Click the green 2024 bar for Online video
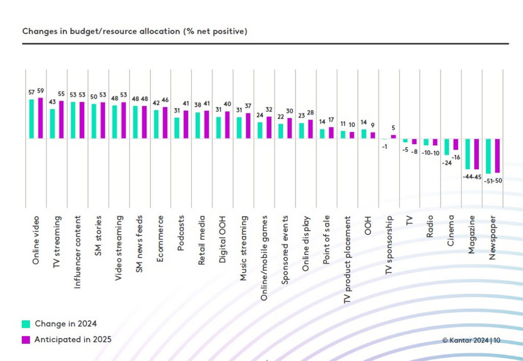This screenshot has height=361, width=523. click(x=32, y=119)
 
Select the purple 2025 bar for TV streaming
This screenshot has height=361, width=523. click(x=61, y=120)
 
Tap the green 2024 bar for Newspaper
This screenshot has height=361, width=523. click(x=488, y=156)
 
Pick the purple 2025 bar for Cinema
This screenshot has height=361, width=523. click(x=455, y=144)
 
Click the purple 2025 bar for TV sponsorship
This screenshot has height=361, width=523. click(x=393, y=137)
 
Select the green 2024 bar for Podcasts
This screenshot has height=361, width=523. click(x=177, y=128)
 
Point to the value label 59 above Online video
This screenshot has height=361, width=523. click(x=40, y=91)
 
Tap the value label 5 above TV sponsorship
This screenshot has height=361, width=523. click(x=393, y=128)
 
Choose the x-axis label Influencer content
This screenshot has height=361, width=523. click(x=77, y=251)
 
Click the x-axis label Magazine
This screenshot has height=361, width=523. click(x=471, y=235)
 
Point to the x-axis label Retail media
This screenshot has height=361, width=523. click(x=201, y=240)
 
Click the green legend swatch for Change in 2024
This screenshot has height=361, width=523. click(x=26, y=324)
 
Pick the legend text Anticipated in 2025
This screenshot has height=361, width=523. click(x=73, y=340)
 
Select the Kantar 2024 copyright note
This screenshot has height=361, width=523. click(x=471, y=341)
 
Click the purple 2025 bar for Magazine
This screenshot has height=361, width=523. click(x=476, y=154)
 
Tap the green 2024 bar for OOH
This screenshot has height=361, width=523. click(x=364, y=134)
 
